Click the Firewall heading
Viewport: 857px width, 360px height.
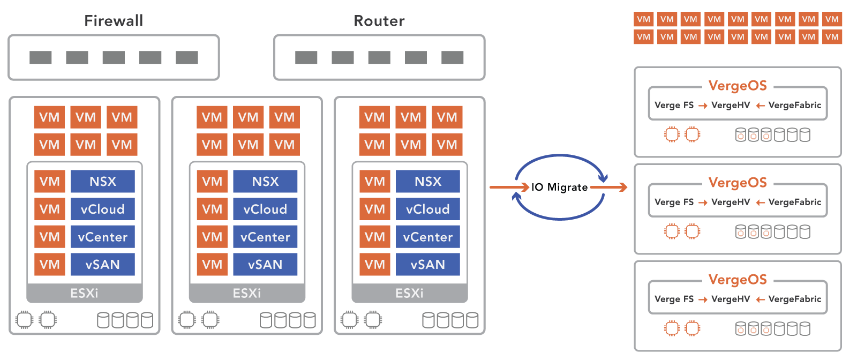click(x=114, y=21)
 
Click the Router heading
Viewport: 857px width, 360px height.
click(x=379, y=21)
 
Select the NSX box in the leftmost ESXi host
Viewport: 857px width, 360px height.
click(x=102, y=182)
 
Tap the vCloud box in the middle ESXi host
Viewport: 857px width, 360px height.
click(x=265, y=209)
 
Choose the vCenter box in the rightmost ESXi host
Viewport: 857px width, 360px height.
click(x=427, y=237)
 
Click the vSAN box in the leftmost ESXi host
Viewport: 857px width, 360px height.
click(x=102, y=264)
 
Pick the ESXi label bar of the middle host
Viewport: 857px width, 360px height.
click(x=247, y=293)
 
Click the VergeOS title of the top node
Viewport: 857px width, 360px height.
click(x=738, y=86)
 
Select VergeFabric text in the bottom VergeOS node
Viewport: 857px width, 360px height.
click(x=794, y=299)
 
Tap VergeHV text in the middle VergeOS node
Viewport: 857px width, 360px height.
click(x=731, y=202)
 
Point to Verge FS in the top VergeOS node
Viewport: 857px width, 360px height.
click(x=674, y=105)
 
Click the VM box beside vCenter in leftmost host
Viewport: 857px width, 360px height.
click(x=49, y=237)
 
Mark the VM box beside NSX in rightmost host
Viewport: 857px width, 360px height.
click(x=374, y=182)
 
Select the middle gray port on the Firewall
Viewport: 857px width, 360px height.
click(x=114, y=57)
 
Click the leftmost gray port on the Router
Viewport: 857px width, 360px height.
click(x=306, y=57)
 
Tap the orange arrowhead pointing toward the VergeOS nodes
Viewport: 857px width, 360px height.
click(x=622, y=187)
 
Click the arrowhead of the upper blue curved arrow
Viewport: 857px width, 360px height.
click(x=604, y=178)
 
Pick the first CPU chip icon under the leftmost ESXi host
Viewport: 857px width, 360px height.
click(x=24, y=320)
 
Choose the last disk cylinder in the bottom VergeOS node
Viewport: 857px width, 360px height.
click(x=805, y=328)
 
